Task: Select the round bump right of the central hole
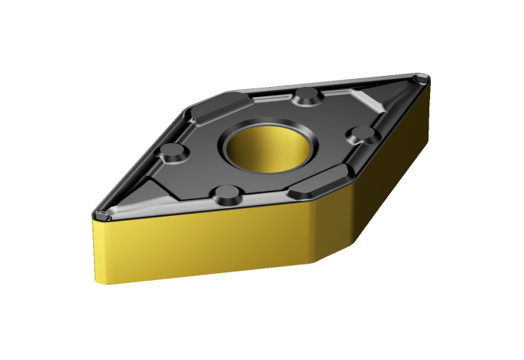362,134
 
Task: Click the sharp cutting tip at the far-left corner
95,213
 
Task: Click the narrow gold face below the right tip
426,102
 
